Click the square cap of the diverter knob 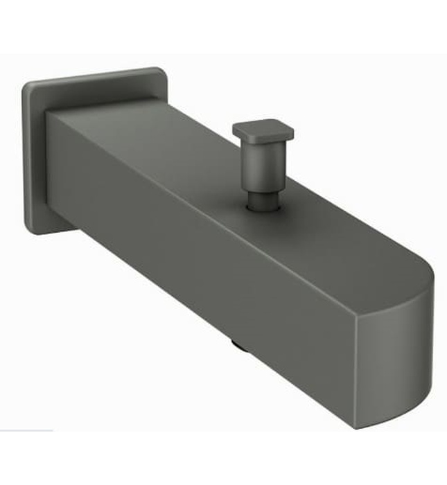pyautogui.click(x=262, y=129)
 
